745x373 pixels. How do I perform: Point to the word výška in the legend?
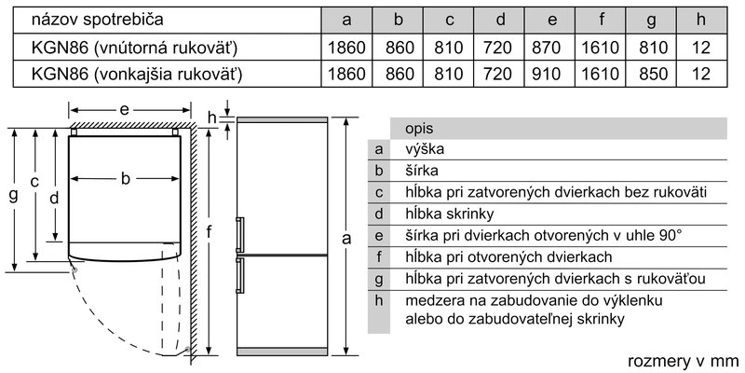pyautogui.click(x=425, y=149)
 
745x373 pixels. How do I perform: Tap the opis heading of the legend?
pyautogui.click(x=418, y=128)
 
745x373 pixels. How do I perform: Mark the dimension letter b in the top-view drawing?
pyautogui.click(x=125, y=179)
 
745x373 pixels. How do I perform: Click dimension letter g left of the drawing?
pyautogui.click(x=12, y=196)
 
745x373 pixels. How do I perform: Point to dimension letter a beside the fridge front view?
pyautogui.click(x=346, y=240)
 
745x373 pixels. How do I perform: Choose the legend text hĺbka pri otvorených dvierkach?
pyautogui.click(x=508, y=256)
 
